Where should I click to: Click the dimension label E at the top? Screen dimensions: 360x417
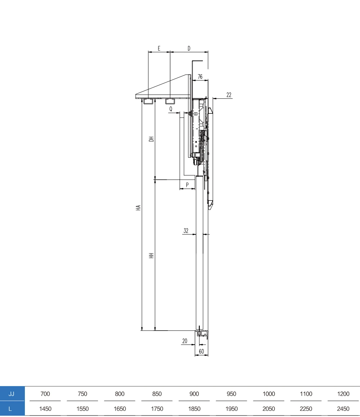(x=159, y=48)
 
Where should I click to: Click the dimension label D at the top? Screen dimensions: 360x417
(x=189, y=48)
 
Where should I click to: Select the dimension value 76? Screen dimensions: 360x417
(x=200, y=77)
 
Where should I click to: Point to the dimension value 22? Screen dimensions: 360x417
(x=229, y=95)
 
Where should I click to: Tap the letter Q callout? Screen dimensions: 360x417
(x=171, y=109)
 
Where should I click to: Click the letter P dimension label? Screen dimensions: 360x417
(x=187, y=185)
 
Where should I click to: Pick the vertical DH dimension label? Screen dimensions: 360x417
(x=151, y=139)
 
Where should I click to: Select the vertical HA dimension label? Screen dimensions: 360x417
(x=138, y=208)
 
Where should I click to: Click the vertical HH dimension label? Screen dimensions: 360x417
(x=151, y=256)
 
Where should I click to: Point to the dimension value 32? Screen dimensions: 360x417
(x=186, y=230)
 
